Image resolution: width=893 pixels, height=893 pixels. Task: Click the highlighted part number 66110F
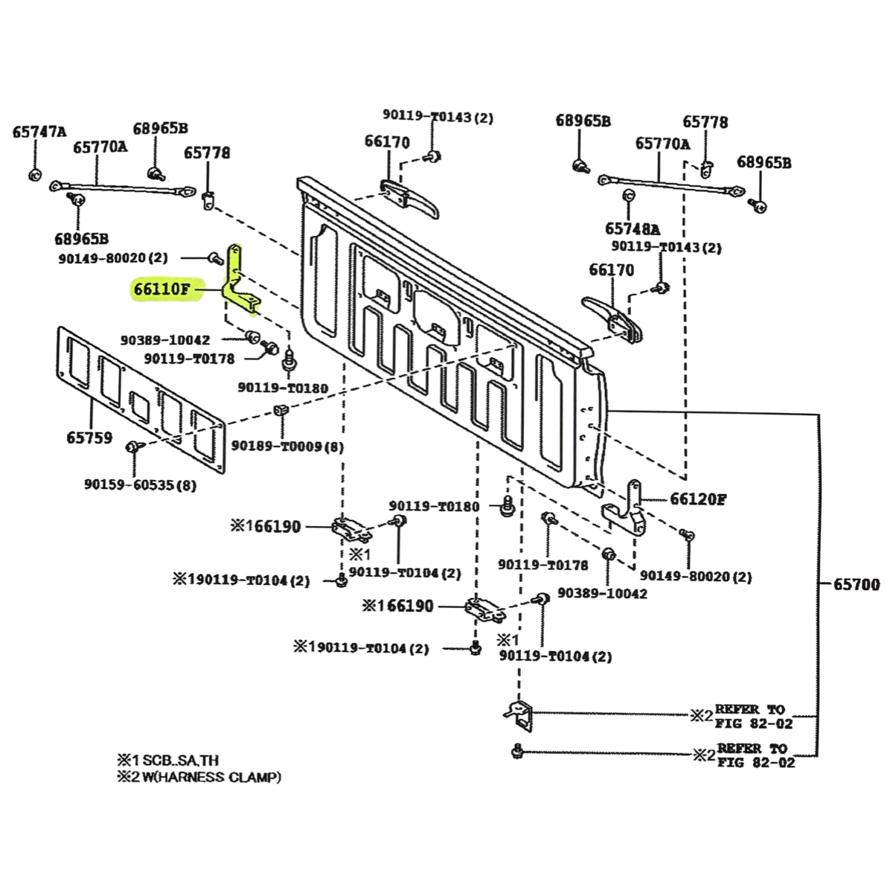click(x=161, y=289)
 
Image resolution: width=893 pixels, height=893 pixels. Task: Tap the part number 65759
click(x=89, y=438)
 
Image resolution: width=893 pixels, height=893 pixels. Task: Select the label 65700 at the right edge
click(x=856, y=585)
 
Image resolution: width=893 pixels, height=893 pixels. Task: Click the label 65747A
click(x=39, y=132)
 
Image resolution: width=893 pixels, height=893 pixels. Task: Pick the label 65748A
click(x=633, y=228)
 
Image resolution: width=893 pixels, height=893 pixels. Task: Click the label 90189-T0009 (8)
click(x=287, y=446)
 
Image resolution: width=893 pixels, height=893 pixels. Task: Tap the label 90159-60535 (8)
click(x=140, y=485)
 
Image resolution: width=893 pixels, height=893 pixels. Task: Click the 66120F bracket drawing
click(x=625, y=510)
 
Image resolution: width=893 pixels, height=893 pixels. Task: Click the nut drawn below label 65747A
click(x=33, y=175)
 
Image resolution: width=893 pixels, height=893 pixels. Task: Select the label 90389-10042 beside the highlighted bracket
click(x=165, y=339)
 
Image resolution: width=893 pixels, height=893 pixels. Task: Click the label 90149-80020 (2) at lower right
click(x=695, y=577)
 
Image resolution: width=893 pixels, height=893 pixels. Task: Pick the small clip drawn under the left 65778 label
click(x=208, y=199)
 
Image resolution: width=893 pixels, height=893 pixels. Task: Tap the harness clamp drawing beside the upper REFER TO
click(x=519, y=713)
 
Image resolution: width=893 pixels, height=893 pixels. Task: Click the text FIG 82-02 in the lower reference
click(x=755, y=762)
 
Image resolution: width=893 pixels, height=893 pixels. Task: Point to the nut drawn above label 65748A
click(x=627, y=196)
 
